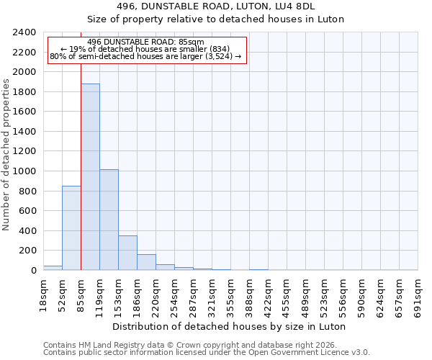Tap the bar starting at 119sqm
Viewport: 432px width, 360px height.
tap(109, 220)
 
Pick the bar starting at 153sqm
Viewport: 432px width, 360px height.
tap(127, 253)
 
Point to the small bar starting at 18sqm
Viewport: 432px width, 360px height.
tap(53, 268)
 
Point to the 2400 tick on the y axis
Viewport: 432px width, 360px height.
tap(24, 32)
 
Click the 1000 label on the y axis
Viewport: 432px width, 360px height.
tap(24, 171)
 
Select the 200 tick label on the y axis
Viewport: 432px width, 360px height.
tap(27, 251)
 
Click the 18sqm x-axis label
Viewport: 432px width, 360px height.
tap(43, 292)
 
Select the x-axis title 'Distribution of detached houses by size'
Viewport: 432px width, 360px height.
tap(230, 326)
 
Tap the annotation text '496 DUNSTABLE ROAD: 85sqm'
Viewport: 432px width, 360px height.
tap(146, 42)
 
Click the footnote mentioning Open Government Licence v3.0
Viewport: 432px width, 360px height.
tap(207, 352)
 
